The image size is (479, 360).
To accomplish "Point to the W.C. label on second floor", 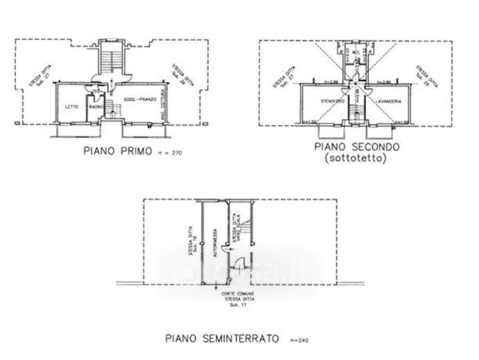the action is coord(356,52).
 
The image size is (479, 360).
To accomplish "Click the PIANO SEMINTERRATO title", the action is coord(222,339).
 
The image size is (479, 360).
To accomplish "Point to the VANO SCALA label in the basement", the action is coord(239,231).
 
